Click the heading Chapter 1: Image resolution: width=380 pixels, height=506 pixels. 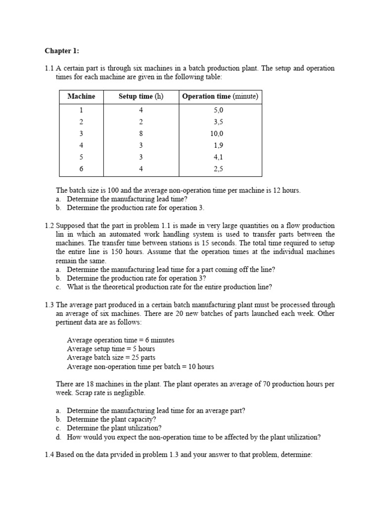coord(62,50)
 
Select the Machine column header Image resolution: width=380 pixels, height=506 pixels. coord(81,96)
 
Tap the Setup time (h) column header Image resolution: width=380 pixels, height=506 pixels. coord(141,96)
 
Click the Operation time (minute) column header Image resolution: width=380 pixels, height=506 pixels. coord(220,96)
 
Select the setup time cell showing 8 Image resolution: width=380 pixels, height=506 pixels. coord(141,133)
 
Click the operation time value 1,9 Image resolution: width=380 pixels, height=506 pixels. coord(218,145)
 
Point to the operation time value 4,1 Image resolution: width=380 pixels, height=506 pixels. coord(218,157)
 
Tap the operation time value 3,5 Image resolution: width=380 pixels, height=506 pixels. coord(218,122)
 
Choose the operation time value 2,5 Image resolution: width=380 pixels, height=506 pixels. coord(218,169)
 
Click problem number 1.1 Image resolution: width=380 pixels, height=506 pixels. coord(49,68)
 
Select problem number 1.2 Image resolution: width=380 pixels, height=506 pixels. coord(49,225)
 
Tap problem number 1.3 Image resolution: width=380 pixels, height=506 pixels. coord(49,305)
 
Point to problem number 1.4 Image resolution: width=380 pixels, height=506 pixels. coord(49,455)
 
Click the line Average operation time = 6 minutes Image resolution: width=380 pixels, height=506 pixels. coord(121,340)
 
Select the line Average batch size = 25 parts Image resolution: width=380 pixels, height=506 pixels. coord(111,358)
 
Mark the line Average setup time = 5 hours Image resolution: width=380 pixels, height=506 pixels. coord(111,349)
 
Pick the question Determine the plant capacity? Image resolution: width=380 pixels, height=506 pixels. coord(112,420)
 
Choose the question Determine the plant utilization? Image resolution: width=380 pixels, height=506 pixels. coord(114,428)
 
